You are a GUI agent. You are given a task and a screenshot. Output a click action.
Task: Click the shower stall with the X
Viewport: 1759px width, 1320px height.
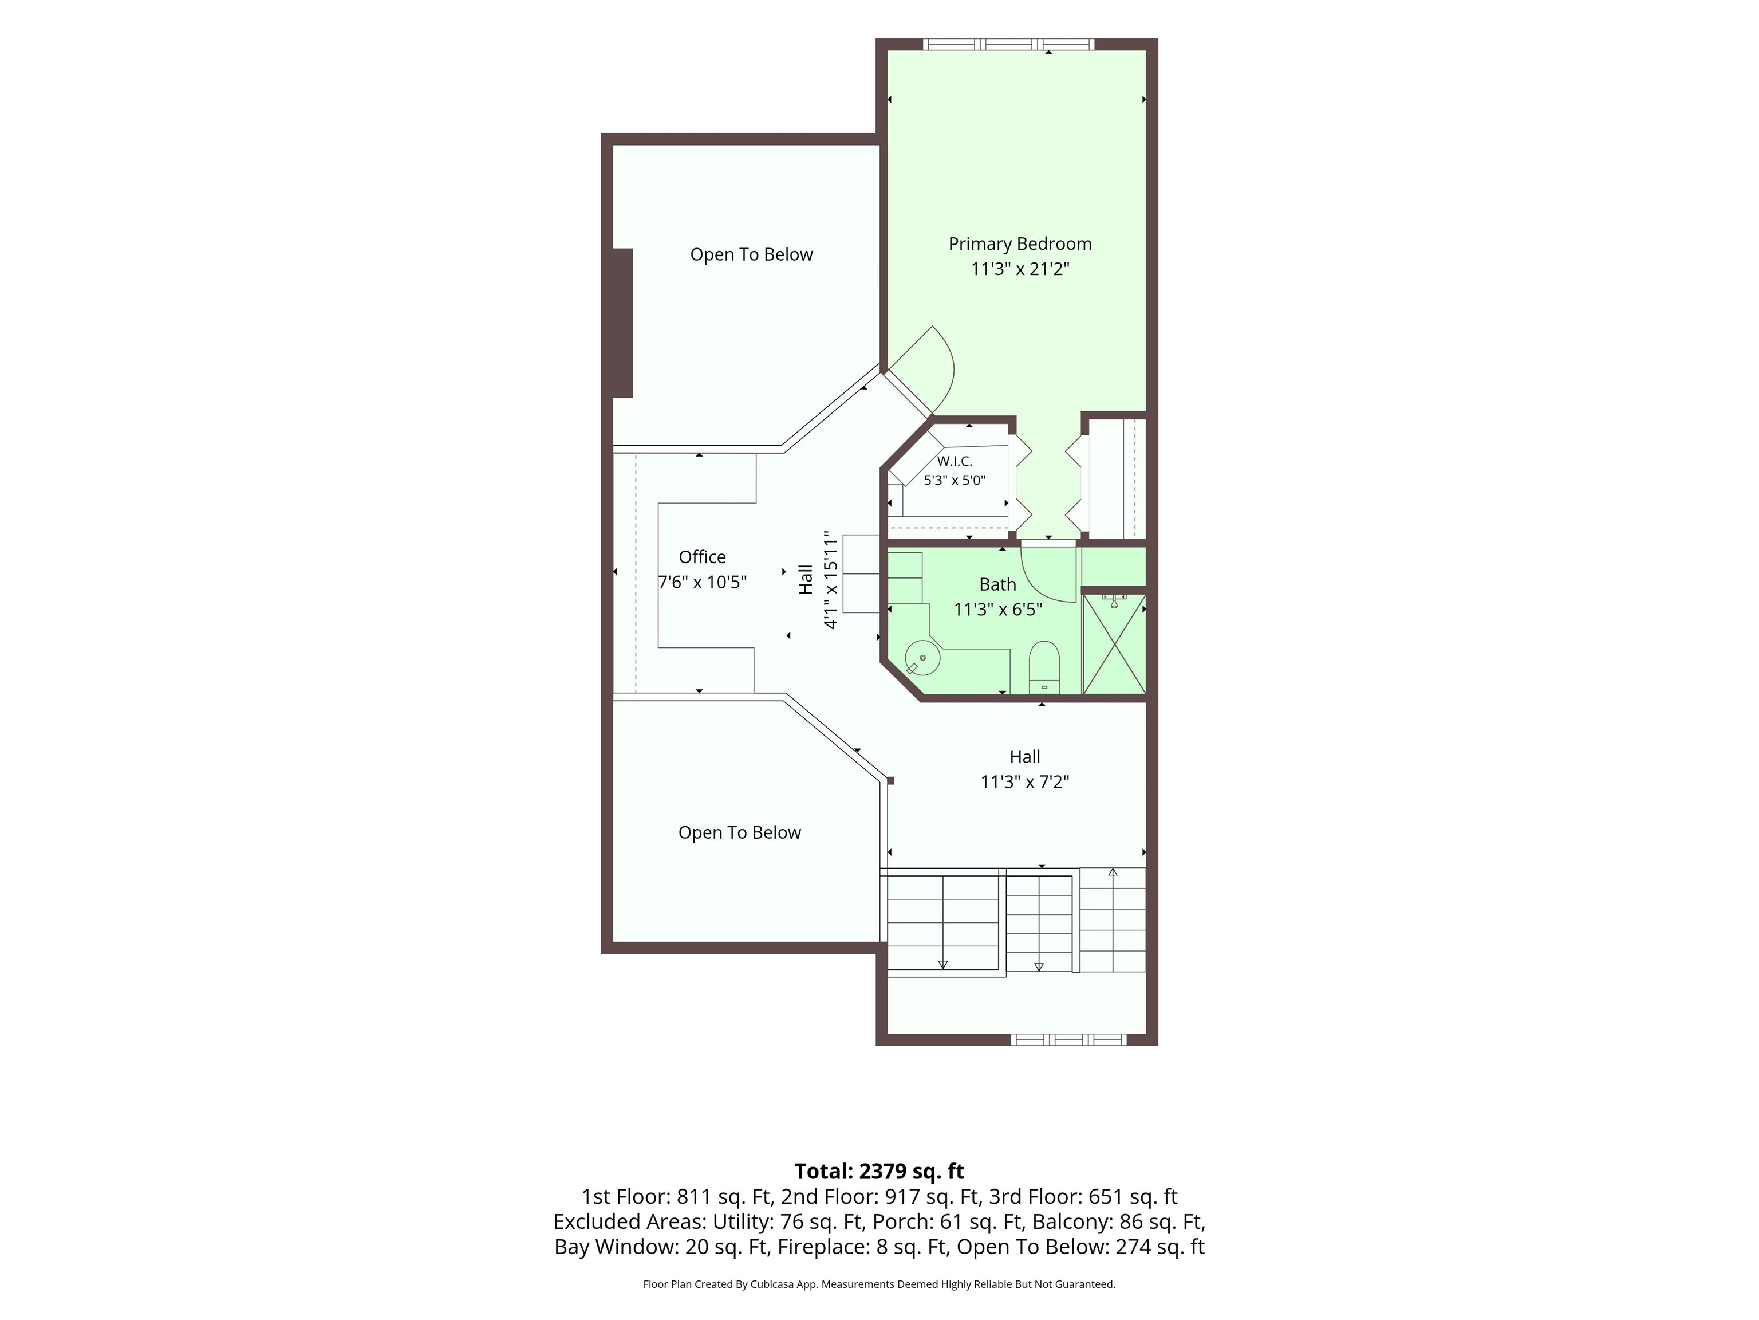1114,644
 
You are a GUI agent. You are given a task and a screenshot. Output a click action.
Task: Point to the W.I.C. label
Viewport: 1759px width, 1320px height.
955,461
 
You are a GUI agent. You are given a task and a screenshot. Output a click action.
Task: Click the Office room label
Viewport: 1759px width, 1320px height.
702,557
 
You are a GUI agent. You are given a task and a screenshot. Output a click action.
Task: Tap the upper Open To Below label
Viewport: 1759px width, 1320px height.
751,254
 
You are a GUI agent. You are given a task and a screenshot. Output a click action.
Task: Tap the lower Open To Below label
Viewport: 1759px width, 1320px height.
740,832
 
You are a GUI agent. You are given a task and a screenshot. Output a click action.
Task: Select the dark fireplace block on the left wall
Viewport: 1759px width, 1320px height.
622,323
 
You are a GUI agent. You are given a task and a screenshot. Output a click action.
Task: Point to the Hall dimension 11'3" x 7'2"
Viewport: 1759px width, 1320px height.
1025,782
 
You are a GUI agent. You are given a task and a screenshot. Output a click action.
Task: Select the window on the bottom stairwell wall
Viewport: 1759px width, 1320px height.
1069,1039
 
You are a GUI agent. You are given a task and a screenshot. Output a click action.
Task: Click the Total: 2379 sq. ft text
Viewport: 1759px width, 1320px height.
879,1171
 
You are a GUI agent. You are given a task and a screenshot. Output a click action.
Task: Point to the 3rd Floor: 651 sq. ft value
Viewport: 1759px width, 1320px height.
1083,1197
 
